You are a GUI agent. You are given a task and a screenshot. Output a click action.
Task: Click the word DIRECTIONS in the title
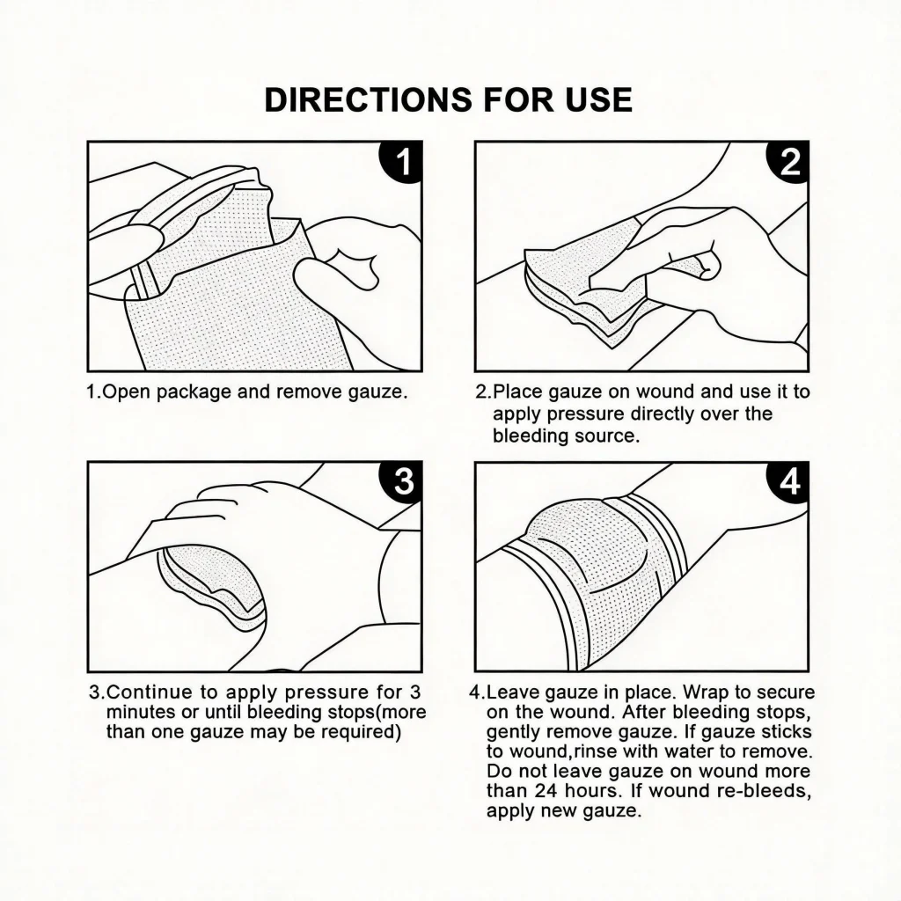tap(368, 99)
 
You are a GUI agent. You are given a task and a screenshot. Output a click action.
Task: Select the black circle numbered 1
tap(402, 161)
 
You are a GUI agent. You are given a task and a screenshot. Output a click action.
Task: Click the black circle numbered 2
tap(789, 161)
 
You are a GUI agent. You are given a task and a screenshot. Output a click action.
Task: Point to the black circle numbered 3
tap(402, 481)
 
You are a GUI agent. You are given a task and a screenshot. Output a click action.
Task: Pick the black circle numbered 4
tap(789, 481)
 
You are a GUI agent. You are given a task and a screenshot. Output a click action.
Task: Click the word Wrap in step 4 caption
tap(704, 693)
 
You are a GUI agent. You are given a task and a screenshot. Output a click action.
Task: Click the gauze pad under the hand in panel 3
tap(214, 585)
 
